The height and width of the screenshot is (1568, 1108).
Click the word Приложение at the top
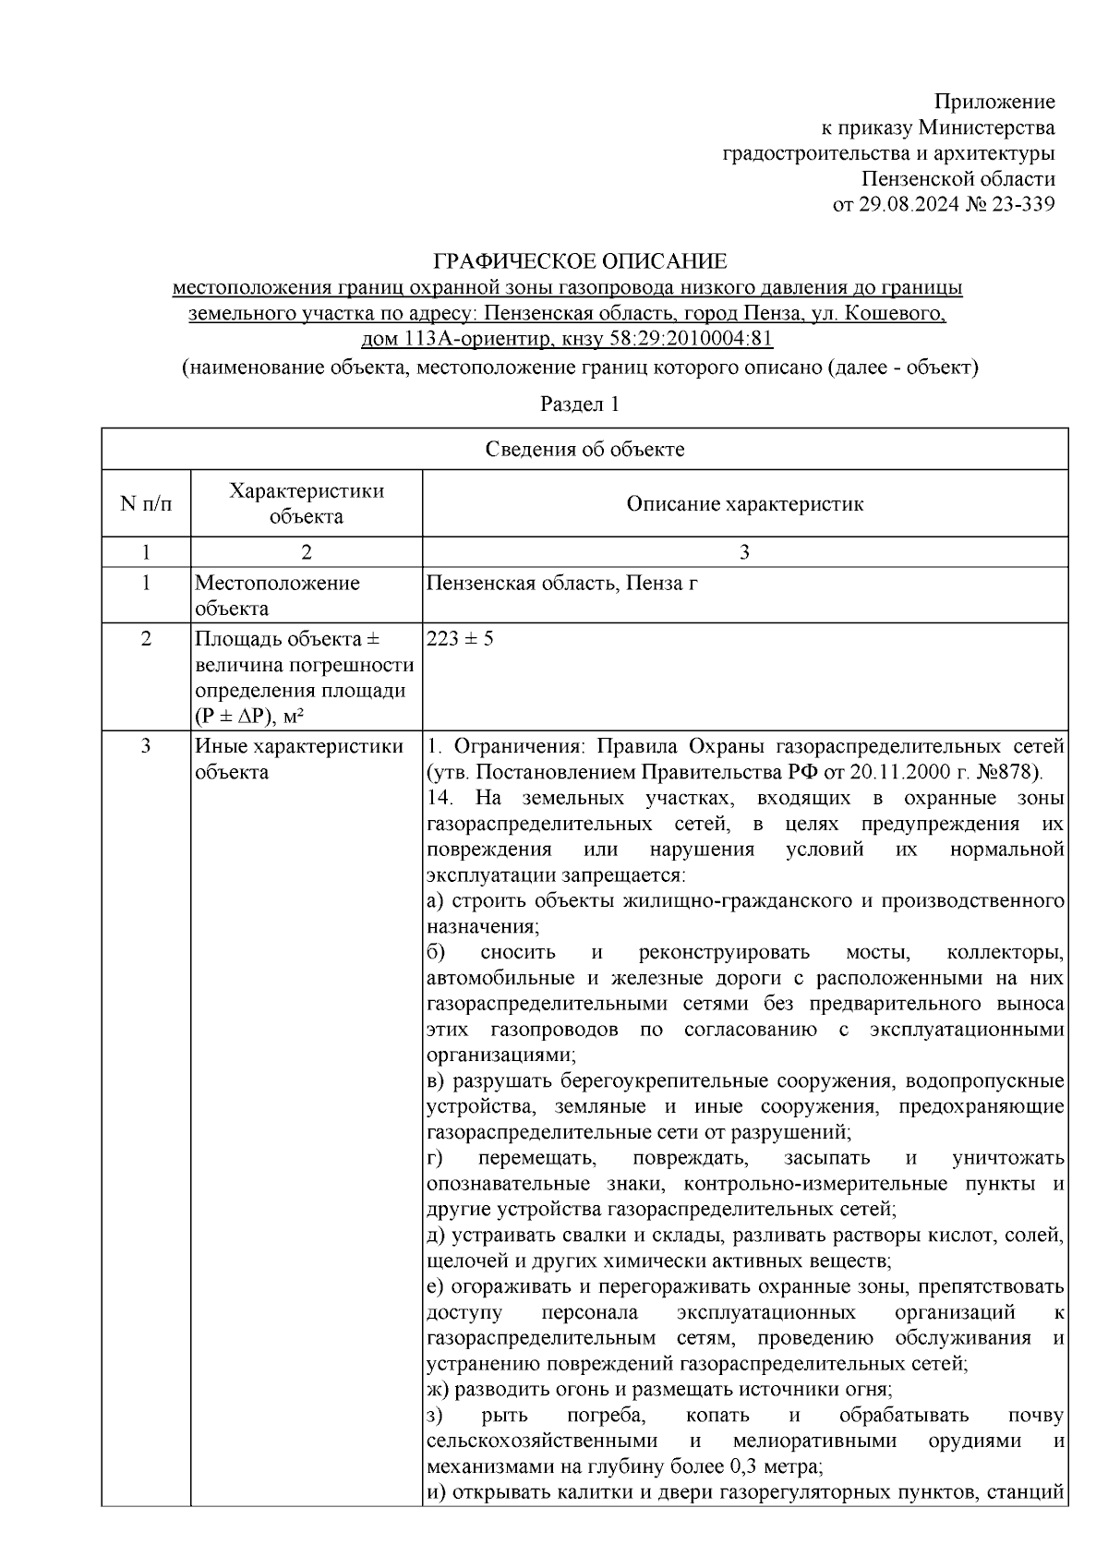(x=994, y=102)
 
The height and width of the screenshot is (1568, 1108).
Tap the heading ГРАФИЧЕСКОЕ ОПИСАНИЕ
(x=581, y=261)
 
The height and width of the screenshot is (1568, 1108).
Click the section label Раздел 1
(x=579, y=404)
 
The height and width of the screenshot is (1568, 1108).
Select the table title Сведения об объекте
(x=584, y=450)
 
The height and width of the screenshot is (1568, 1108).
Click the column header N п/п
(x=146, y=504)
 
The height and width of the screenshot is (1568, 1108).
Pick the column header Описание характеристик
(x=744, y=504)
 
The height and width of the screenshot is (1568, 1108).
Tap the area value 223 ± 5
(x=460, y=638)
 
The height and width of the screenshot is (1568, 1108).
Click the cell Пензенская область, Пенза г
(x=562, y=583)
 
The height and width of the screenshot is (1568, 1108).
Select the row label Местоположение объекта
(x=277, y=596)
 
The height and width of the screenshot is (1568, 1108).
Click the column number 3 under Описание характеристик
(x=744, y=552)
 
